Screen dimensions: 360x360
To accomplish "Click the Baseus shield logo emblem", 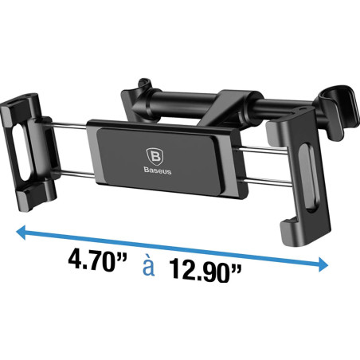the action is pos(155,157).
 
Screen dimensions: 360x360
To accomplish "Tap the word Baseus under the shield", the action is pos(158,170).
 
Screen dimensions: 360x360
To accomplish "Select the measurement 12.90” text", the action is pos(205,271).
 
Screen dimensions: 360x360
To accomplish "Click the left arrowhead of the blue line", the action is pos(21,233).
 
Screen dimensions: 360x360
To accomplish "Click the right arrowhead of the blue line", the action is pos(323,264).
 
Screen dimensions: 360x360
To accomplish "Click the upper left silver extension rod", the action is pos(69,125).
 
